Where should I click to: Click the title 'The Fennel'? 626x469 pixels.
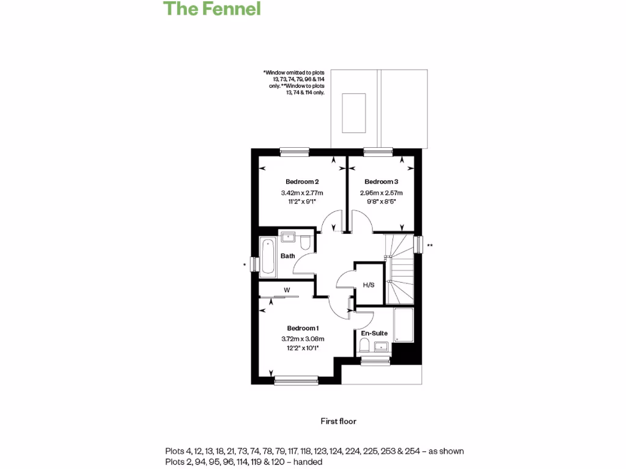pyautogui.click(x=212, y=9)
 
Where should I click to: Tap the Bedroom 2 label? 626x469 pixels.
pyautogui.click(x=302, y=182)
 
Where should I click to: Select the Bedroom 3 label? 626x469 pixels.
pyautogui.click(x=381, y=182)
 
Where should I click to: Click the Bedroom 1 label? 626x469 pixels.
pyautogui.click(x=303, y=328)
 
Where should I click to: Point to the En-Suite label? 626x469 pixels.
pyautogui.click(x=374, y=333)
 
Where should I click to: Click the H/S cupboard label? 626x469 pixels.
pyautogui.click(x=369, y=285)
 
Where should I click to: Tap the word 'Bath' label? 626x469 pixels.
pyautogui.click(x=288, y=256)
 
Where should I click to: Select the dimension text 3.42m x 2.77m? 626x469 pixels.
pyautogui.click(x=302, y=194)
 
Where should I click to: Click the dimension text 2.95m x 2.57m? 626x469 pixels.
pyautogui.click(x=381, y=194)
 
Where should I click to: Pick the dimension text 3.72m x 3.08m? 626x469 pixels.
pyautogui.click(x=303, y=339)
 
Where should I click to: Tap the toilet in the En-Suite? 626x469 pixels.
pyautogui.click(x=364, y=347)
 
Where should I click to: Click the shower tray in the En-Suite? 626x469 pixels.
pyautogui.click(x=403, y=325)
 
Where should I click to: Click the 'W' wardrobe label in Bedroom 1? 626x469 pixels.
pyautogui.click(x=287, y=290)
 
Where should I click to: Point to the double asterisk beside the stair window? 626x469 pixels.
pyautogui.click(x=430, y=245)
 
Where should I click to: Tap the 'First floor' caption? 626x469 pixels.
pyautogui.click(x=338, y=421)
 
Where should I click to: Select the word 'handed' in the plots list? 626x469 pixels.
pyautogui.click(x=308, y=462)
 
